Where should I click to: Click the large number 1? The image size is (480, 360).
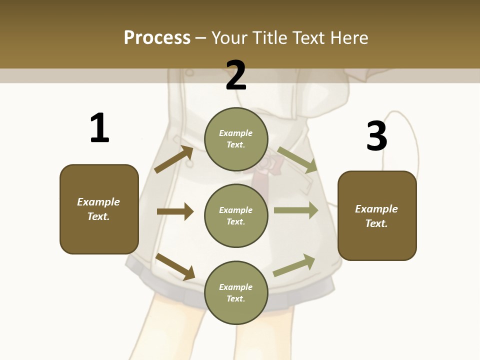99,128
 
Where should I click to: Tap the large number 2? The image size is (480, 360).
236,75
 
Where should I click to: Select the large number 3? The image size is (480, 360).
377,136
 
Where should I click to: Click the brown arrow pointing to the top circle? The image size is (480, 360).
174,159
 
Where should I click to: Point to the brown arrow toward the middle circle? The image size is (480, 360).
175,211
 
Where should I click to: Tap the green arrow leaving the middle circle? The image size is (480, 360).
296,210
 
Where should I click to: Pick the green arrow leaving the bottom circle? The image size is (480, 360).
294,265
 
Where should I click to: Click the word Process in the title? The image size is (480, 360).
157,37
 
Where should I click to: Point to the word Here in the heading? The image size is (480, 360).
348,37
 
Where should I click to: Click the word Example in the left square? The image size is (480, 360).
98,202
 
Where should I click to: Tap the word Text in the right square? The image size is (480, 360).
376,223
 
